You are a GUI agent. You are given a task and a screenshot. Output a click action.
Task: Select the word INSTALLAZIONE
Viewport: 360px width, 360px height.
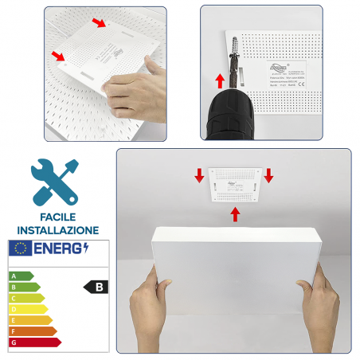coord(57,230)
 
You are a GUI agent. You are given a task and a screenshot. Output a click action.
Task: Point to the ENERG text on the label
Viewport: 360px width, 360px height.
coord(59,249)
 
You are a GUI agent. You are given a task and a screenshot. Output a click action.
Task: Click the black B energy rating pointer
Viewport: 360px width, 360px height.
coord(96,287)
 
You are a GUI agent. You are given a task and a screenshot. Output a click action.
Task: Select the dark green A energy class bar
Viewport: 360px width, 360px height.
coord(20,276)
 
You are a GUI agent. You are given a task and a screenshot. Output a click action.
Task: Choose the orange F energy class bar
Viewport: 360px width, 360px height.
coord(32,331)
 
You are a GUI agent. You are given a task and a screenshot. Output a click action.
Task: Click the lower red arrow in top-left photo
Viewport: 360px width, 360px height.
coord(59,56)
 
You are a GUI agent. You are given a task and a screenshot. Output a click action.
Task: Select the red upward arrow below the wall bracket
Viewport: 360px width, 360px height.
coord(235,213)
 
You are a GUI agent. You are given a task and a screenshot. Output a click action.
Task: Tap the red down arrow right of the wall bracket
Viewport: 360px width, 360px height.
coord(268,174)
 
